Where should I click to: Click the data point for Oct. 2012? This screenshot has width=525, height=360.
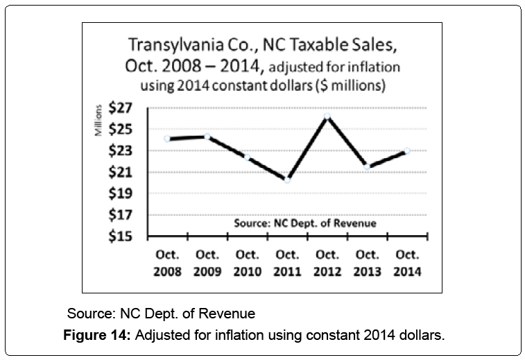click(327, 116)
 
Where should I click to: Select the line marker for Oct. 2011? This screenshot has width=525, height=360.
click(287, 179)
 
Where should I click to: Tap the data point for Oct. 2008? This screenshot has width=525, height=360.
click(167, 139)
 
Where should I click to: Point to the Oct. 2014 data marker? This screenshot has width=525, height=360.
click(407, 151)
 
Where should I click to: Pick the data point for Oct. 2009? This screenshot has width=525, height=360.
click(207, 136)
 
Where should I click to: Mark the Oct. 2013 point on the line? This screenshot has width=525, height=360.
click(367, 166)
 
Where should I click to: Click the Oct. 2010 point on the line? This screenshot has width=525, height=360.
click(248, 157)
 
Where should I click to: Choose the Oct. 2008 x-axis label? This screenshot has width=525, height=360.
click(167, 262)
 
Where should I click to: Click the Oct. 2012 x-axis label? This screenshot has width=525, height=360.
click(327, 262)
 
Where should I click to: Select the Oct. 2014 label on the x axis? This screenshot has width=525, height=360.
click(407, 262)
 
